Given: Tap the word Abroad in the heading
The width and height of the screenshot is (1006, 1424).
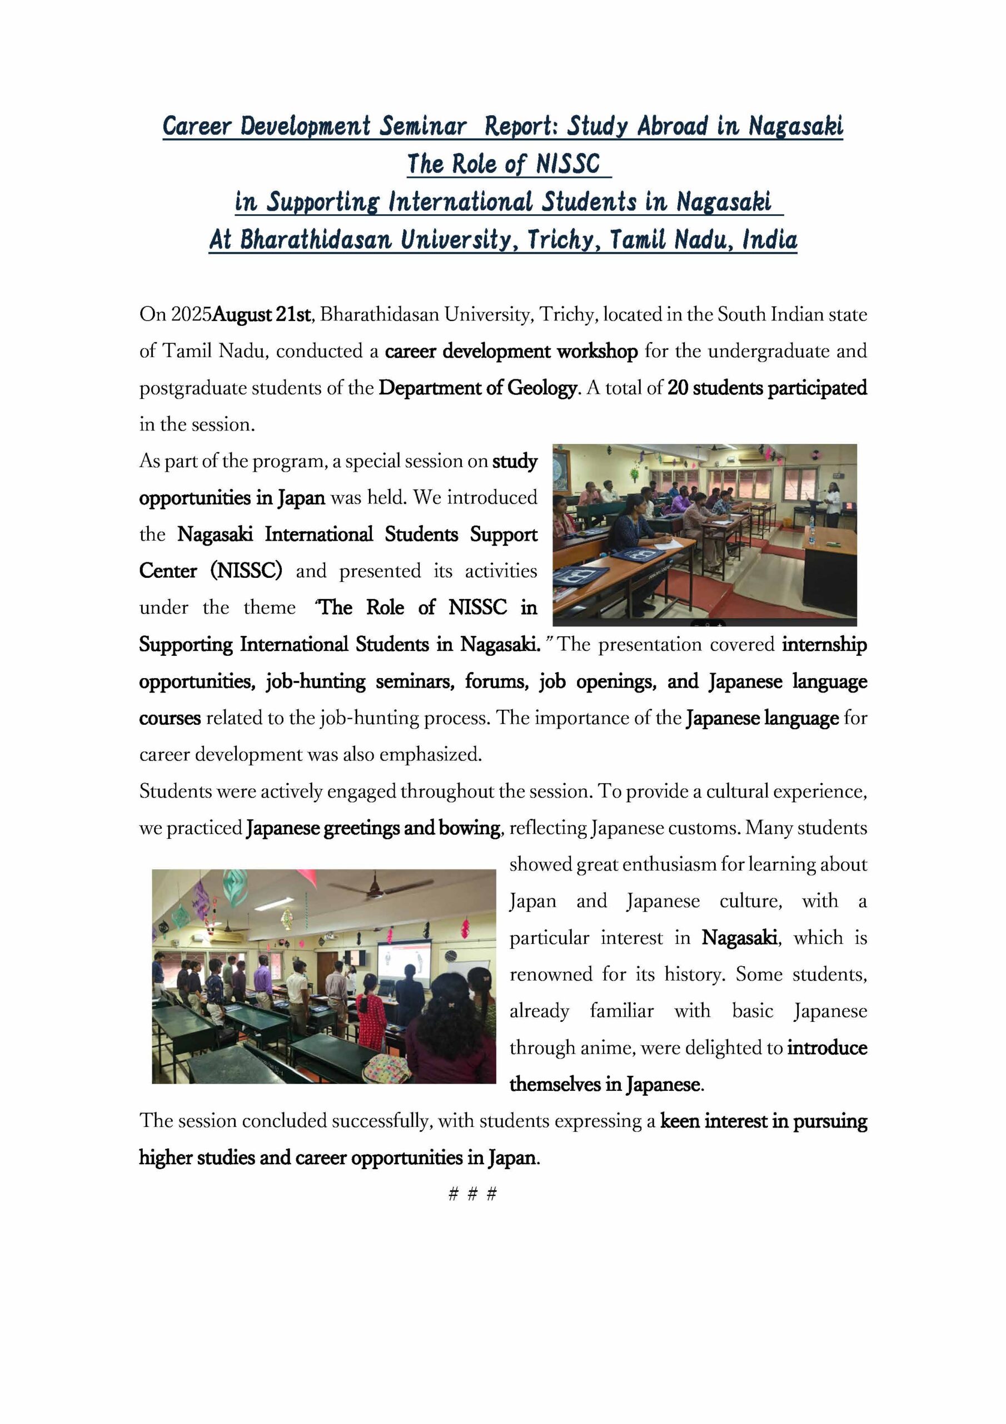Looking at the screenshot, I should pyautogui.click(x=672, y=126).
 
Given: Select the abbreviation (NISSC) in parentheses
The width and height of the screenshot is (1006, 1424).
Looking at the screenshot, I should pyautogui.click(x=246, y=571).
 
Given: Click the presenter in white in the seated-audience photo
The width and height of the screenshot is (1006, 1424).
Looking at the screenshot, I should pyautogui.click(x=833, y=504).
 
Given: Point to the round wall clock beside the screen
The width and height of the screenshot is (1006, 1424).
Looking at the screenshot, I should pyautogui.click(x=451, y=956).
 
